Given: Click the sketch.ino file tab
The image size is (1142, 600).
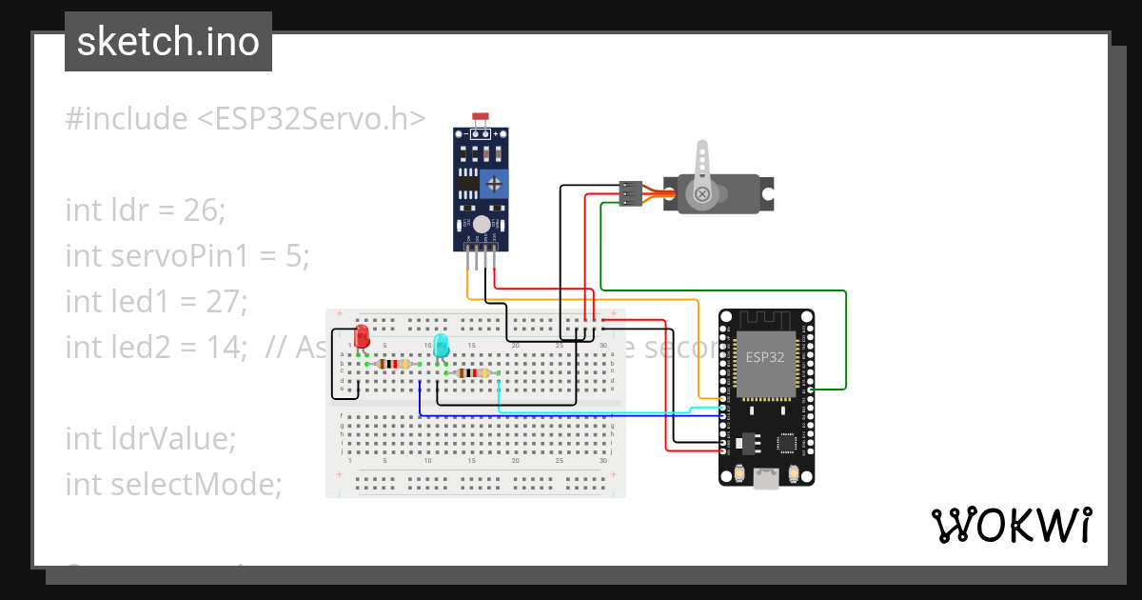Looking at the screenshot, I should [x=167, y=42].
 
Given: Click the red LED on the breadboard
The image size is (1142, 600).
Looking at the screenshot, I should [x=362, y=336].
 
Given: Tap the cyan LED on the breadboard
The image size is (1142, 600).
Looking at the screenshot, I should [x=441, y=346].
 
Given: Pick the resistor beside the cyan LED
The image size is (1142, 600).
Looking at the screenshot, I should [x=474, y=373].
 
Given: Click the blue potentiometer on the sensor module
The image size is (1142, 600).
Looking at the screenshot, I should [x=494, y=182].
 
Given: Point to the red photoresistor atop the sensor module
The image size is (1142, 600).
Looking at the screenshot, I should [x=481, y=117].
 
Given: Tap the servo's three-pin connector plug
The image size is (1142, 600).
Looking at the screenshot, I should [x=629, y=193].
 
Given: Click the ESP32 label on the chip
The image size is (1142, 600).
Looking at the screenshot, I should [x=765, y=358].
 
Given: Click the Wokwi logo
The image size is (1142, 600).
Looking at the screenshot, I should [x=1011, y=525].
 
